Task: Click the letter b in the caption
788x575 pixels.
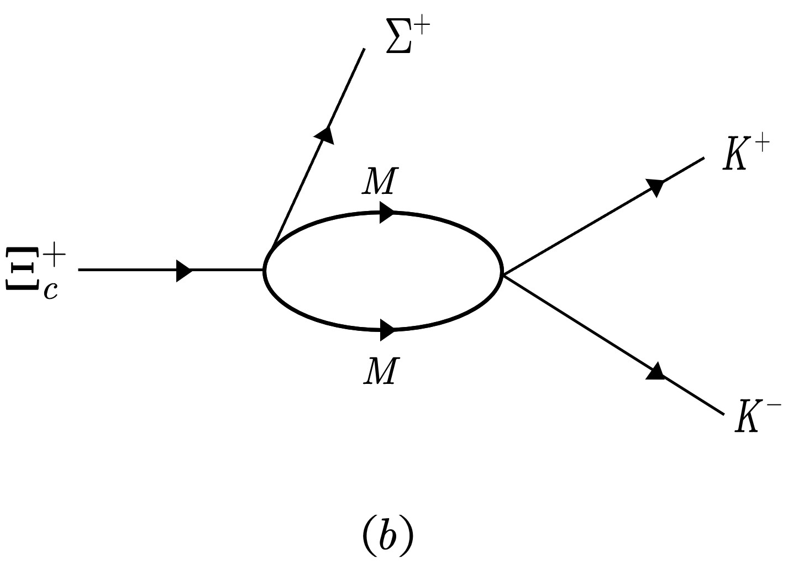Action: tap(388, 535)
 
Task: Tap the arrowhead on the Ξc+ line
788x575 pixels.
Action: tap(184, 271)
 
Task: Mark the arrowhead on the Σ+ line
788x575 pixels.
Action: tap(325, 135)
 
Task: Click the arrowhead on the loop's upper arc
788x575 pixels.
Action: tap(386, 213)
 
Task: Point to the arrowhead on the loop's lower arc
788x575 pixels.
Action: tap(387, 330)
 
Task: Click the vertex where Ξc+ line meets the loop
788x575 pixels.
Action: tap(266, 270)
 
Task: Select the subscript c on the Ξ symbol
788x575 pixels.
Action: tap(51, 289)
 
